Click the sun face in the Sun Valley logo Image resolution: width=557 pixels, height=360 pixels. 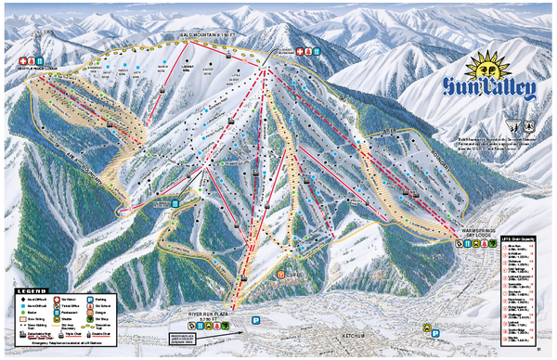coord(490,70)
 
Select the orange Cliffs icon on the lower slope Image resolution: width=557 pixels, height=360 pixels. coord(283,275)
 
